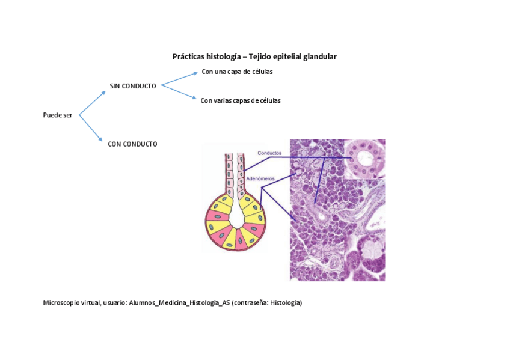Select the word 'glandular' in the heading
point(320,56)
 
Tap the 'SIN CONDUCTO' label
point(133,86)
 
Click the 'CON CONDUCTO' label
point(132,144)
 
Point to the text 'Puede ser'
point(58,115)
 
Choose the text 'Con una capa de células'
point(237,72)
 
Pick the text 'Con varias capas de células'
point(241,101)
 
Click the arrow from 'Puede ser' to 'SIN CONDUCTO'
point(92,103)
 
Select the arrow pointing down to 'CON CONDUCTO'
point(91,128)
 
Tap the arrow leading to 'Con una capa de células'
point(179,78)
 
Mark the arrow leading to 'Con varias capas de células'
point(179,92)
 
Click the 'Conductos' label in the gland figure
point(269,153)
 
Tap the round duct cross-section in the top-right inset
point(364,159)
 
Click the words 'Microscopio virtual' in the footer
point(68,303)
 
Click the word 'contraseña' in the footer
point(251,303)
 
